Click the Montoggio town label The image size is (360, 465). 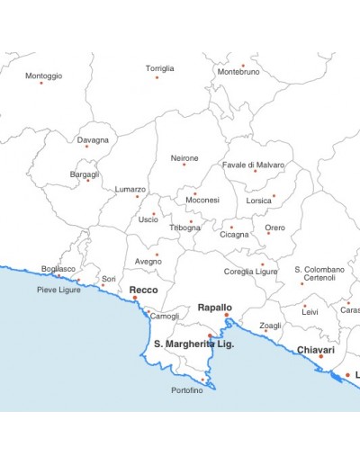[44, 76]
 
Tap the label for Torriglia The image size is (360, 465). [160, 68]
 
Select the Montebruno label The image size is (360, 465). [238, 71]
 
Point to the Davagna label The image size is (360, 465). [93, 140]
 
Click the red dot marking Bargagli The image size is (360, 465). [88, 181]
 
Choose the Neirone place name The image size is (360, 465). [184, 158]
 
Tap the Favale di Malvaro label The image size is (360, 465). [253, 165]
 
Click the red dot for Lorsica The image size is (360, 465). [274, 196]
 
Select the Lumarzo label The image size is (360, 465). [130, 190]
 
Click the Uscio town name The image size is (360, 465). [148, 219]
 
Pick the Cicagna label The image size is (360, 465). [235, 235]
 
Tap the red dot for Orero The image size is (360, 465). [268, 233]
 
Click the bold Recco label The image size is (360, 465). [144, 290]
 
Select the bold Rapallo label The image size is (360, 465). [215, 307]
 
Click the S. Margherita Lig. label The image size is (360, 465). [194, 344]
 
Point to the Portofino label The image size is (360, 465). [188, 390]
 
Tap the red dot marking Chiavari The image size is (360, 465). [321, 357]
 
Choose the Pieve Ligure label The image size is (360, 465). [58, 290]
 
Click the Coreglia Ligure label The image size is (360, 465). [251, 271]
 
